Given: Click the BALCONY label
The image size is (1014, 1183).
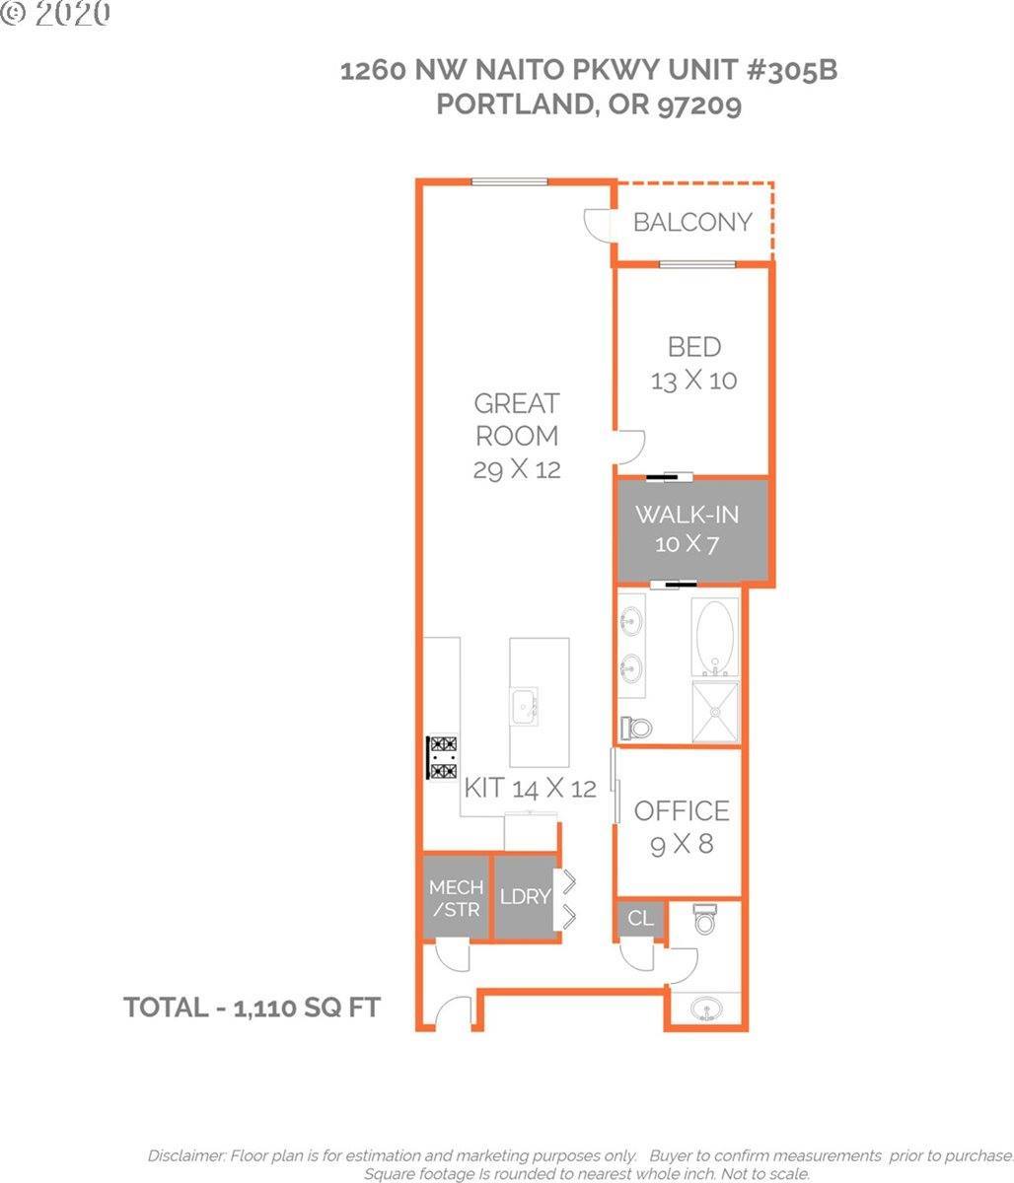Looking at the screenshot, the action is pos(692,222).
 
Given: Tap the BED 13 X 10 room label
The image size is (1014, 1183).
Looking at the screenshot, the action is pos(694,364).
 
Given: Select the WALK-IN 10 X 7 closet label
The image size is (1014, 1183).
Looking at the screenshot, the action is pos(688,528).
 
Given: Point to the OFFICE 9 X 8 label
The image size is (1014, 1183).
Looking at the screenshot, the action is pos(682,827).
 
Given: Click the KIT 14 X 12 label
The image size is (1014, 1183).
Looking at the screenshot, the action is pos(531,788).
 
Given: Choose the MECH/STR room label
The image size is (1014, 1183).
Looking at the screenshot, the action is pos(457,898).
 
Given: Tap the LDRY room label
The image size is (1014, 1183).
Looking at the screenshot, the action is pos(525,896).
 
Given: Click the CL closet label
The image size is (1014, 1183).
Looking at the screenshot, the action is pos(640,918).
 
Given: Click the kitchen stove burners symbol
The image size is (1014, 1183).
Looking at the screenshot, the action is pos(443,757).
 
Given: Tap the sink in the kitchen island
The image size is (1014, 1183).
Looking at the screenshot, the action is pos(524,707).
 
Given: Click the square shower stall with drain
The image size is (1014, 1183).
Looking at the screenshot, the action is pos(715,712).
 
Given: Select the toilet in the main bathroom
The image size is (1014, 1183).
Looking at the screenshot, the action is pos(636,728).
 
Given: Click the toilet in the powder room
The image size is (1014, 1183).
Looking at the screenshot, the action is pos(704,919).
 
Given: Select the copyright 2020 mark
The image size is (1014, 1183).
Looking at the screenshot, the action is pos(55,13).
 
